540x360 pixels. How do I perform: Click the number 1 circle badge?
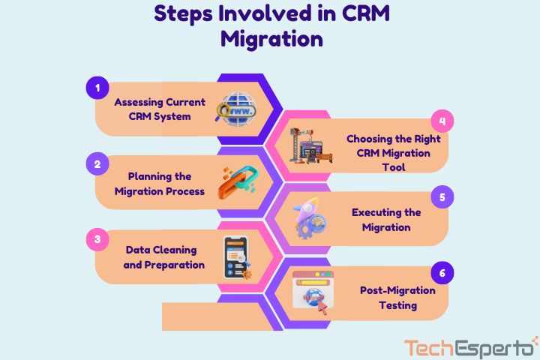[x=96, y=88]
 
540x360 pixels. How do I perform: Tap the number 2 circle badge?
[x=96, y=163]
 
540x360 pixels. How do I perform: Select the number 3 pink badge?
[x=96, y=240]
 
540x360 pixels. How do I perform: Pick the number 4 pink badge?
[x=442, y=121]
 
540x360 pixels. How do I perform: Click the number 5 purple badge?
[x=442, y=197]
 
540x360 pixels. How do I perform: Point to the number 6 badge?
[x=442, y=273]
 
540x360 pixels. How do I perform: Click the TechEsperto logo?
[x=470, y=347]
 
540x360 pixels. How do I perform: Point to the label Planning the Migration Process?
[x=159, y=184]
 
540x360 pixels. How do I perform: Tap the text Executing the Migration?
[x=386, y=220]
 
